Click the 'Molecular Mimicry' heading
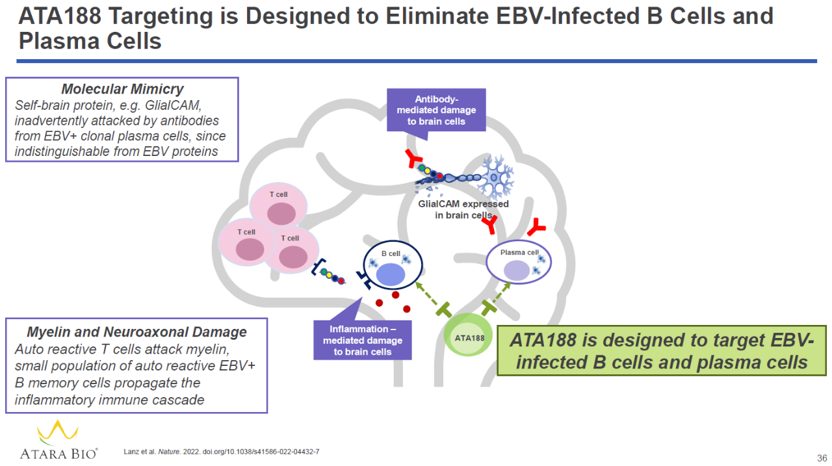tap(122, 89)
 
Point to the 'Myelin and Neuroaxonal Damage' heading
tap(136, 331)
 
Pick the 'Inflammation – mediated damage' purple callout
tap(362, 340)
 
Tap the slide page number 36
tap(822, 458)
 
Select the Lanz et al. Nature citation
tap(221, 452)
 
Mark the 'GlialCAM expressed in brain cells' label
tap(463, 209)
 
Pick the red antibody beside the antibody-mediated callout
tap(413, 158)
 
